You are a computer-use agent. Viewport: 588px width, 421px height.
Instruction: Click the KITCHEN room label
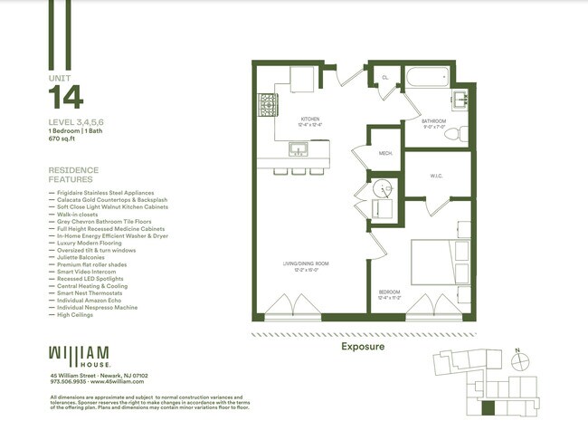(310, 118)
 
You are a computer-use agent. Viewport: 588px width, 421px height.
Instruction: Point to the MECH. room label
(384, 155)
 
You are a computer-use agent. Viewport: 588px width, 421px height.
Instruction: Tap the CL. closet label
(384, 78)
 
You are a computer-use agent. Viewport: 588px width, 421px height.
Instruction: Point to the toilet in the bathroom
(454, 133)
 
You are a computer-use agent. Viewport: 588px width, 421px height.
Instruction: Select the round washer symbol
(384, 190)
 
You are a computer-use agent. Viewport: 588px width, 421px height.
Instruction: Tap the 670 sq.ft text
(63, 141)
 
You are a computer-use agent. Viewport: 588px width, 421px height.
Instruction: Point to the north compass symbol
(521, 361)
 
